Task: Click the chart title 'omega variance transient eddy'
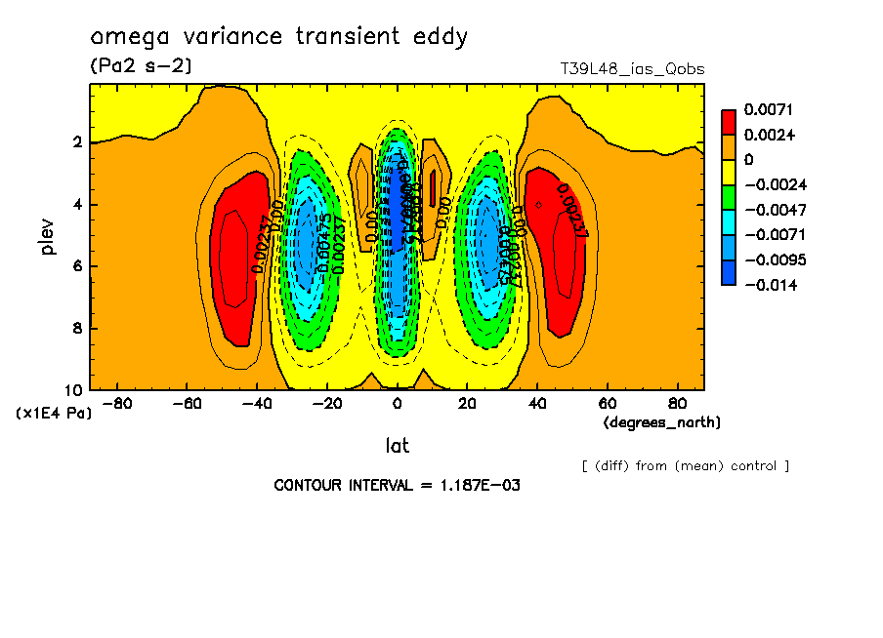click(279, 37)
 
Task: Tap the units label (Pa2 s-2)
click(141, 65)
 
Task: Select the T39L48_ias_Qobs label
click(632, 69)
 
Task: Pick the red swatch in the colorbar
click(728, 121)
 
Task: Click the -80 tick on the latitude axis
click(117, 403)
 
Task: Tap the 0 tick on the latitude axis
click(397, 403)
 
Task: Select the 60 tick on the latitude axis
click(607, 403)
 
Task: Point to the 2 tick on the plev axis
click(76, 143)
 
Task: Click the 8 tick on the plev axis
click(76, 328)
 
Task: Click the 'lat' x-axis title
click(397, 446)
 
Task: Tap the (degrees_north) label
click(662, 422)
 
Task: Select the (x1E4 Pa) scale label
click(54, 414)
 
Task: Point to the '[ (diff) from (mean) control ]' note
click(685, 465)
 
